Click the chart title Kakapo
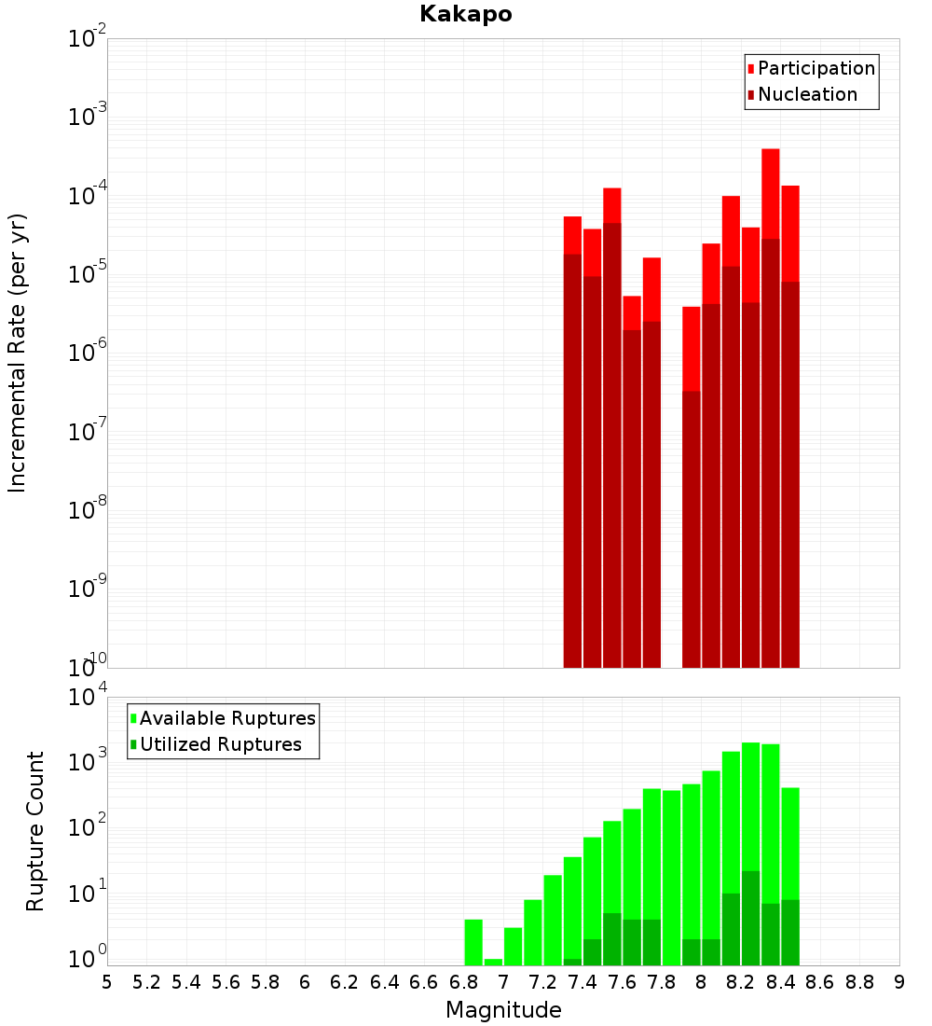(x=465, y=14)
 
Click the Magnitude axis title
(x=503, y=1010)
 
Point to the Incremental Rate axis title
(x=18, y=353)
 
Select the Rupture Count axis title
(x=35, y=830)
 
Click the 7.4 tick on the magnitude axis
(x=582, y=982)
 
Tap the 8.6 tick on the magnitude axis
(x=820, y=982)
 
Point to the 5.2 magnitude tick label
(x=147, y=982)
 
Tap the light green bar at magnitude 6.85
(x=473, y=942)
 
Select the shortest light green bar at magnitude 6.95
(x=493, y=962)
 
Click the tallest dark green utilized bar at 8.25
(x=751, y=918)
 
